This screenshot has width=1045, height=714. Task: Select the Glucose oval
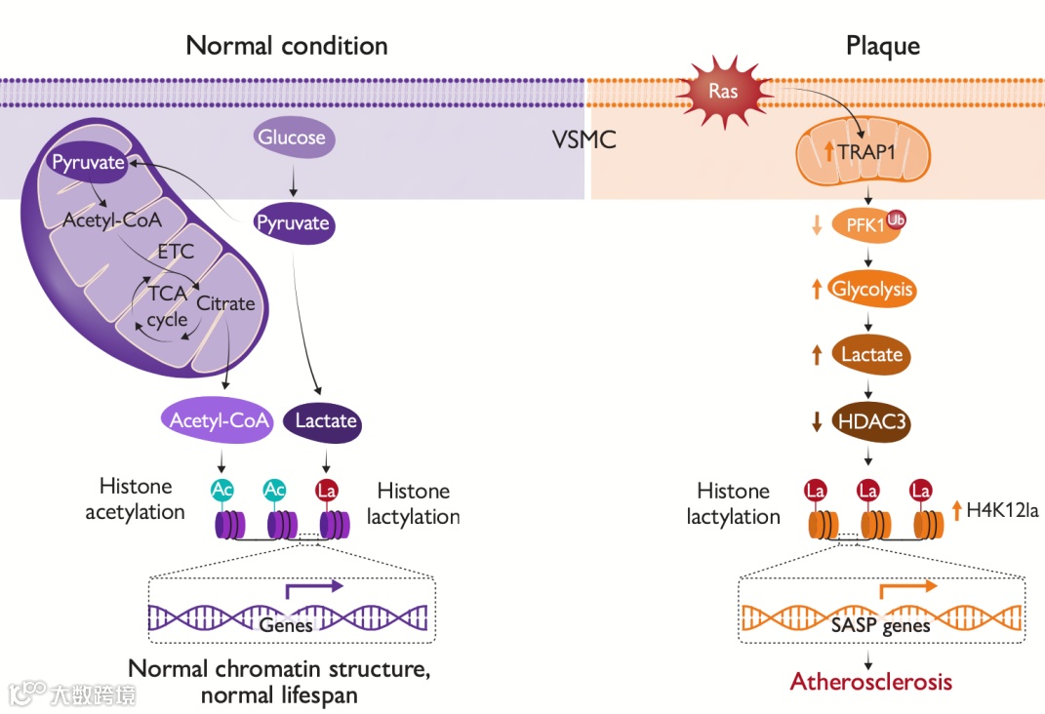tap(292, 138)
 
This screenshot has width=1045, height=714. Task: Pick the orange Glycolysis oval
tap(872, 289)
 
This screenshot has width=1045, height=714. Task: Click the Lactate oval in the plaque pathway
tap(871, 354)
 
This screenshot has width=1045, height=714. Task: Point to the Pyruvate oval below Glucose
tap(293, 223)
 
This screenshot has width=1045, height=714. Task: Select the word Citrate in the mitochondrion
tap(225, 303)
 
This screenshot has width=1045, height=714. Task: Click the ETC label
tap(176, 251)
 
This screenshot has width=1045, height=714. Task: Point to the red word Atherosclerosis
tap(871, 681)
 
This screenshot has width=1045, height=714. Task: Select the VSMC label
tap(583, 139)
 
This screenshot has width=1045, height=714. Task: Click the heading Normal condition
tap(287, 46)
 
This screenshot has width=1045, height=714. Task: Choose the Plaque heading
tap(883, 46)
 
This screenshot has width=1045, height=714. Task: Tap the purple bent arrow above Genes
tap(313, 587)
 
